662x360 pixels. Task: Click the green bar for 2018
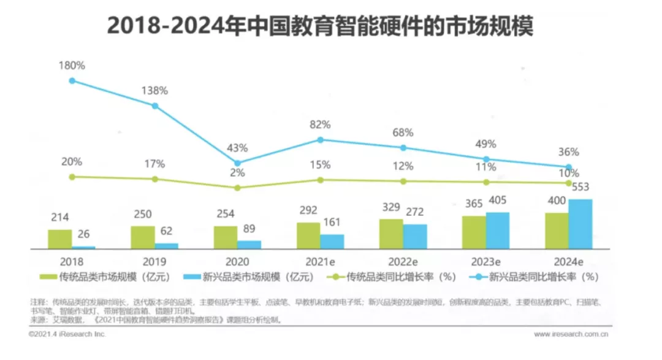(x=60, y=239)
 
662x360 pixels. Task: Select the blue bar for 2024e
(x=580, y=224)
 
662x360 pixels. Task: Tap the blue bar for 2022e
(x=414, y=236)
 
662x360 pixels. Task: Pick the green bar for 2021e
(x=308, y=236)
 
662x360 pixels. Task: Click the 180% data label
(x=71, y=65)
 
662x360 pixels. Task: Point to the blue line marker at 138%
(x=155, y=105)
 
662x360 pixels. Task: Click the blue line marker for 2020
(x=238, y=163)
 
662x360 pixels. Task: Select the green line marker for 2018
(x=72, y=177)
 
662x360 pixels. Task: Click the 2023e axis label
(x=486, y=259)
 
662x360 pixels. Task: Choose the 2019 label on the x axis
(x=154, y=259)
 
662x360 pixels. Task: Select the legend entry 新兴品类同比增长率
(x=533, y=277)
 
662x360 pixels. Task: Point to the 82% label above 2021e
(x=320, y=124)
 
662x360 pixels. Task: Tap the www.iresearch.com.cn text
(x=571, y=334)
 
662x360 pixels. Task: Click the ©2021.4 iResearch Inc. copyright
(x=68, y=334)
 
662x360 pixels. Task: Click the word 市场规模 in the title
(x=481, y=26)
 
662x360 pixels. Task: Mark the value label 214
(x=60, y=217)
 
